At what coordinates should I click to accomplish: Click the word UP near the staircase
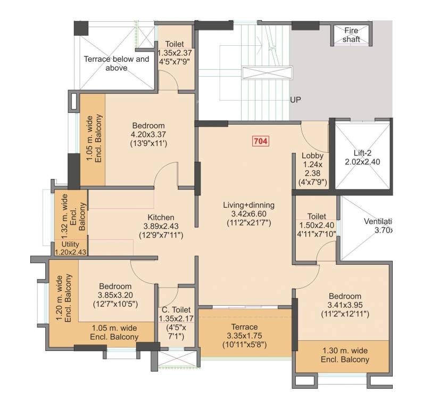295,100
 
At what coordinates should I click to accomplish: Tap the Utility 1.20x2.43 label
70,248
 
